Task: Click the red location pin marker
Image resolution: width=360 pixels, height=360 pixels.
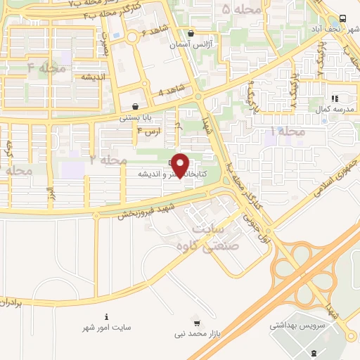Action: point(181,165)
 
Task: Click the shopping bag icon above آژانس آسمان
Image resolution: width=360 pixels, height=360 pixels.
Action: point(191,32)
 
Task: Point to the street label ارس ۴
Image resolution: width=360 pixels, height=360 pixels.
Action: point(149,131)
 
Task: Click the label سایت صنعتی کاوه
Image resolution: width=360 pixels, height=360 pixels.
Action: point(217,239)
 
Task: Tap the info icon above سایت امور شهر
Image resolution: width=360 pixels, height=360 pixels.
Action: point(106,316)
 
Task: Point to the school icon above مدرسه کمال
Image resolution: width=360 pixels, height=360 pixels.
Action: point(335,98)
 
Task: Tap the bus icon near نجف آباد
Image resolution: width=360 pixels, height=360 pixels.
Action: point(342,18)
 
